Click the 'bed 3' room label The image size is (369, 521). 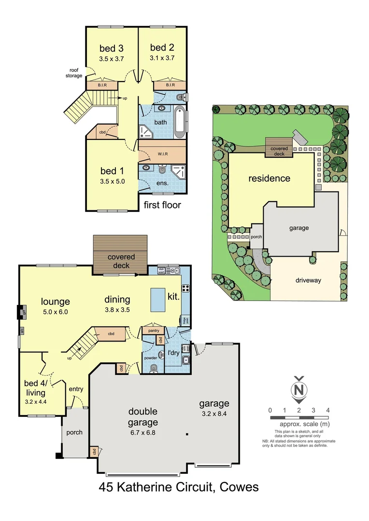[x=111, y=48]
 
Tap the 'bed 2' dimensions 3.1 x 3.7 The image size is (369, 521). [x=162, y=57]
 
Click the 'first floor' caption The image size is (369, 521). [x=162, y=205]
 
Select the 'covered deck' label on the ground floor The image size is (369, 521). [x=121, y=261]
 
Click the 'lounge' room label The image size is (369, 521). [x=56, y=302]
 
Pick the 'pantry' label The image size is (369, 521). [x=153, y=330]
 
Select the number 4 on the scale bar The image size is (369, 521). [x=328, y=410]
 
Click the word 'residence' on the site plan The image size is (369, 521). [x=269, y=178]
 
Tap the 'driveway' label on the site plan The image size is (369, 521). [x=308, y=280]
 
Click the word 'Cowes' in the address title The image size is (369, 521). [x=239, y=487]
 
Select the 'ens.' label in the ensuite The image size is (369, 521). [x=149, y=183]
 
